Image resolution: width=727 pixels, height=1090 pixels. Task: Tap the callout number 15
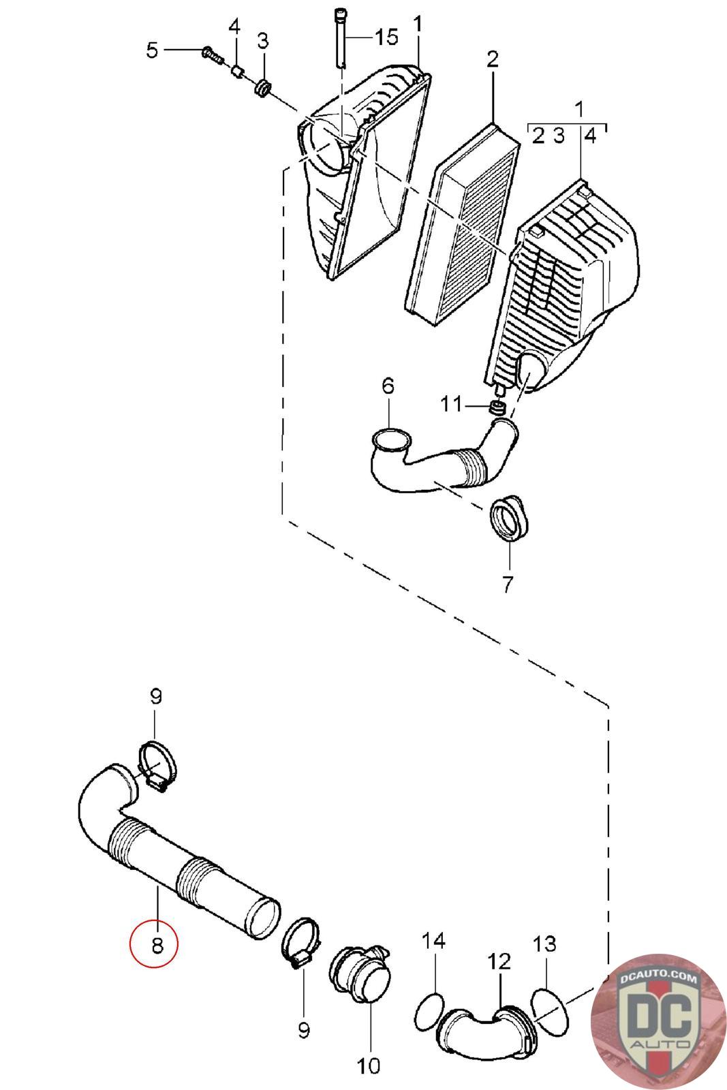pos(386,37)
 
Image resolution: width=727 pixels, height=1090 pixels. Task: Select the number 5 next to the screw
pos(152,50)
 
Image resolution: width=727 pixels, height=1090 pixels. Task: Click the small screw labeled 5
pos(212,54)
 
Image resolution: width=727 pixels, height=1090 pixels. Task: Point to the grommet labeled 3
pos(263,88)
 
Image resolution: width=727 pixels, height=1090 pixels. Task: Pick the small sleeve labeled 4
pos(237,72)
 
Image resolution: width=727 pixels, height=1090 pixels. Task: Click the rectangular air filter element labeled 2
pos(462,225)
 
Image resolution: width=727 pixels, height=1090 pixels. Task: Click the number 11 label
pos(451,404)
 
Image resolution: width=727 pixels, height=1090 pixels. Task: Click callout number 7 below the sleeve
pos(508,583)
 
